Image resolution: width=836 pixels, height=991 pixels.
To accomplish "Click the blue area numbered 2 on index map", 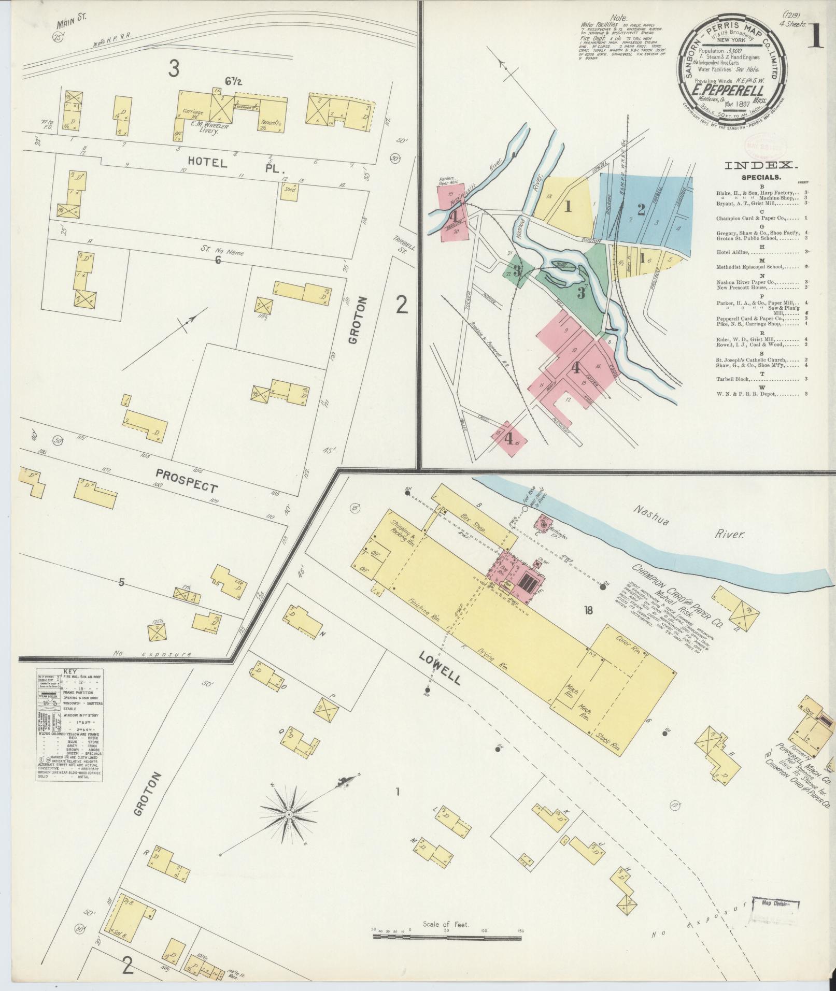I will [x=641, y=209].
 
